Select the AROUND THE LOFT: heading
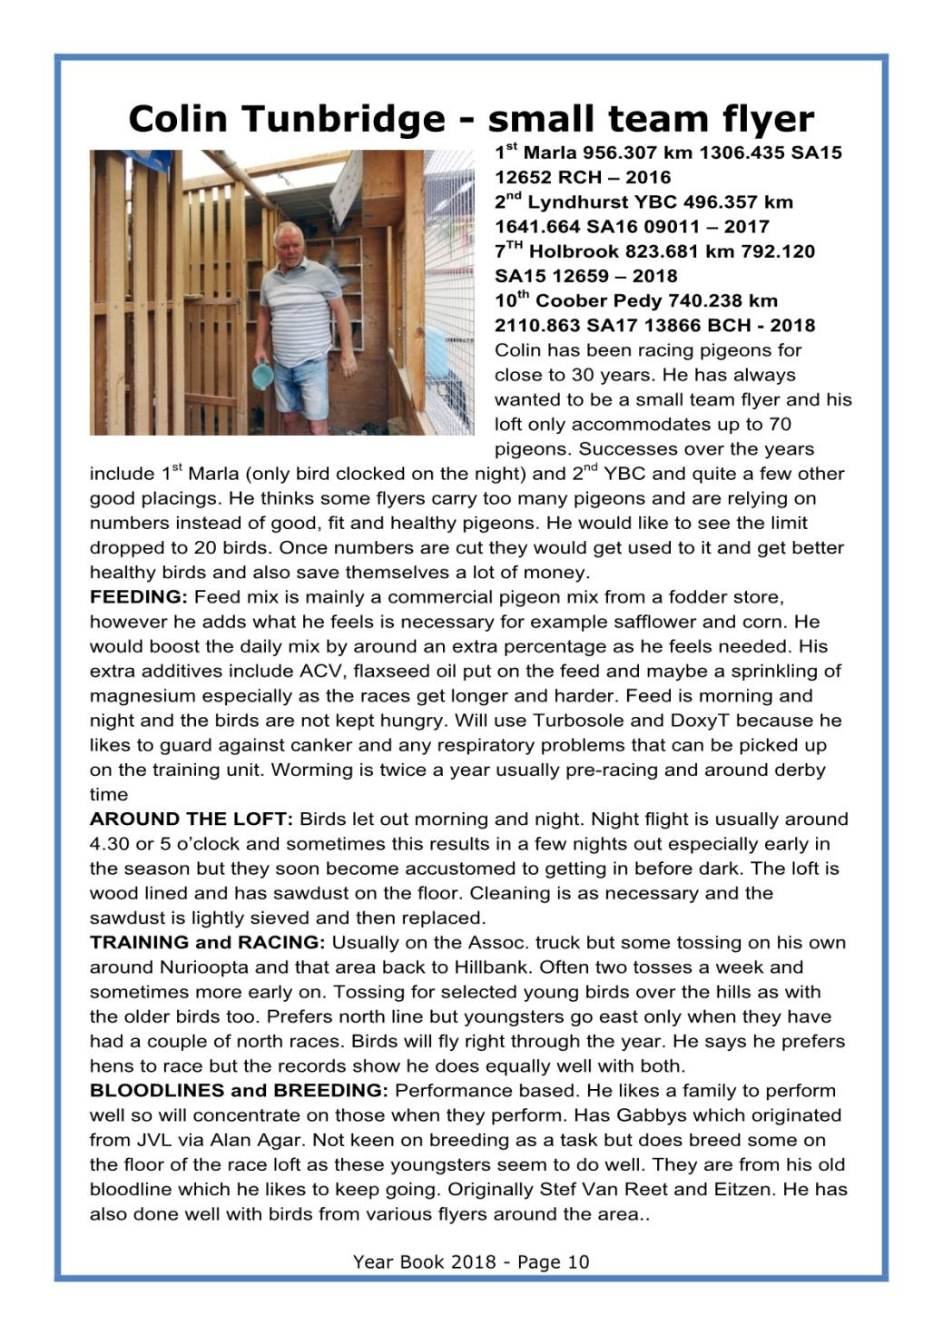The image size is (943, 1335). tap(191, 820)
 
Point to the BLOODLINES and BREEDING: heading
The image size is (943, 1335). tap(239, 1091)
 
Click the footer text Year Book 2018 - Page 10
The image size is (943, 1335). tap(471, 1261)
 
